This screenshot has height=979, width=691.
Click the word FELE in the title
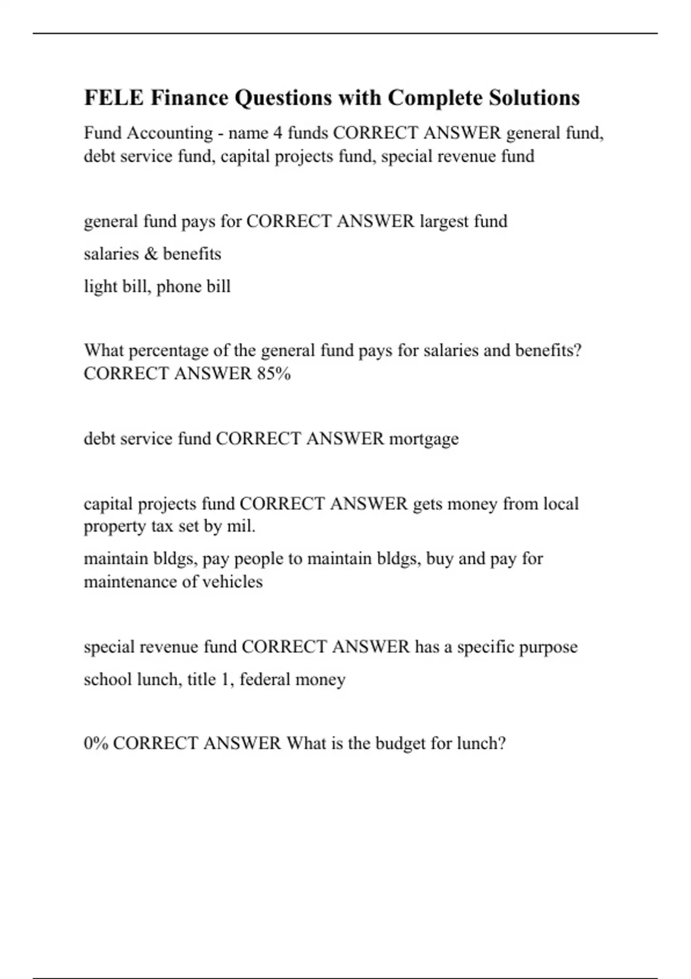tap(113, 98)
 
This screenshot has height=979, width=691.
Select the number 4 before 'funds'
tap(278, 133)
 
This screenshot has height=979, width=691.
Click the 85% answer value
tap(274, 374)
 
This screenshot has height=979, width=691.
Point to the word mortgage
tap(424, 439)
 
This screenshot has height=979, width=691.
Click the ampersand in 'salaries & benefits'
tap(151, 254)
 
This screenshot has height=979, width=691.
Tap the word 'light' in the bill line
tap(98, 286)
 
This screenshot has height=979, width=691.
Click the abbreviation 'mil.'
tap(241, 526)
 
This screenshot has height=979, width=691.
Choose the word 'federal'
tap(265, 680)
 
